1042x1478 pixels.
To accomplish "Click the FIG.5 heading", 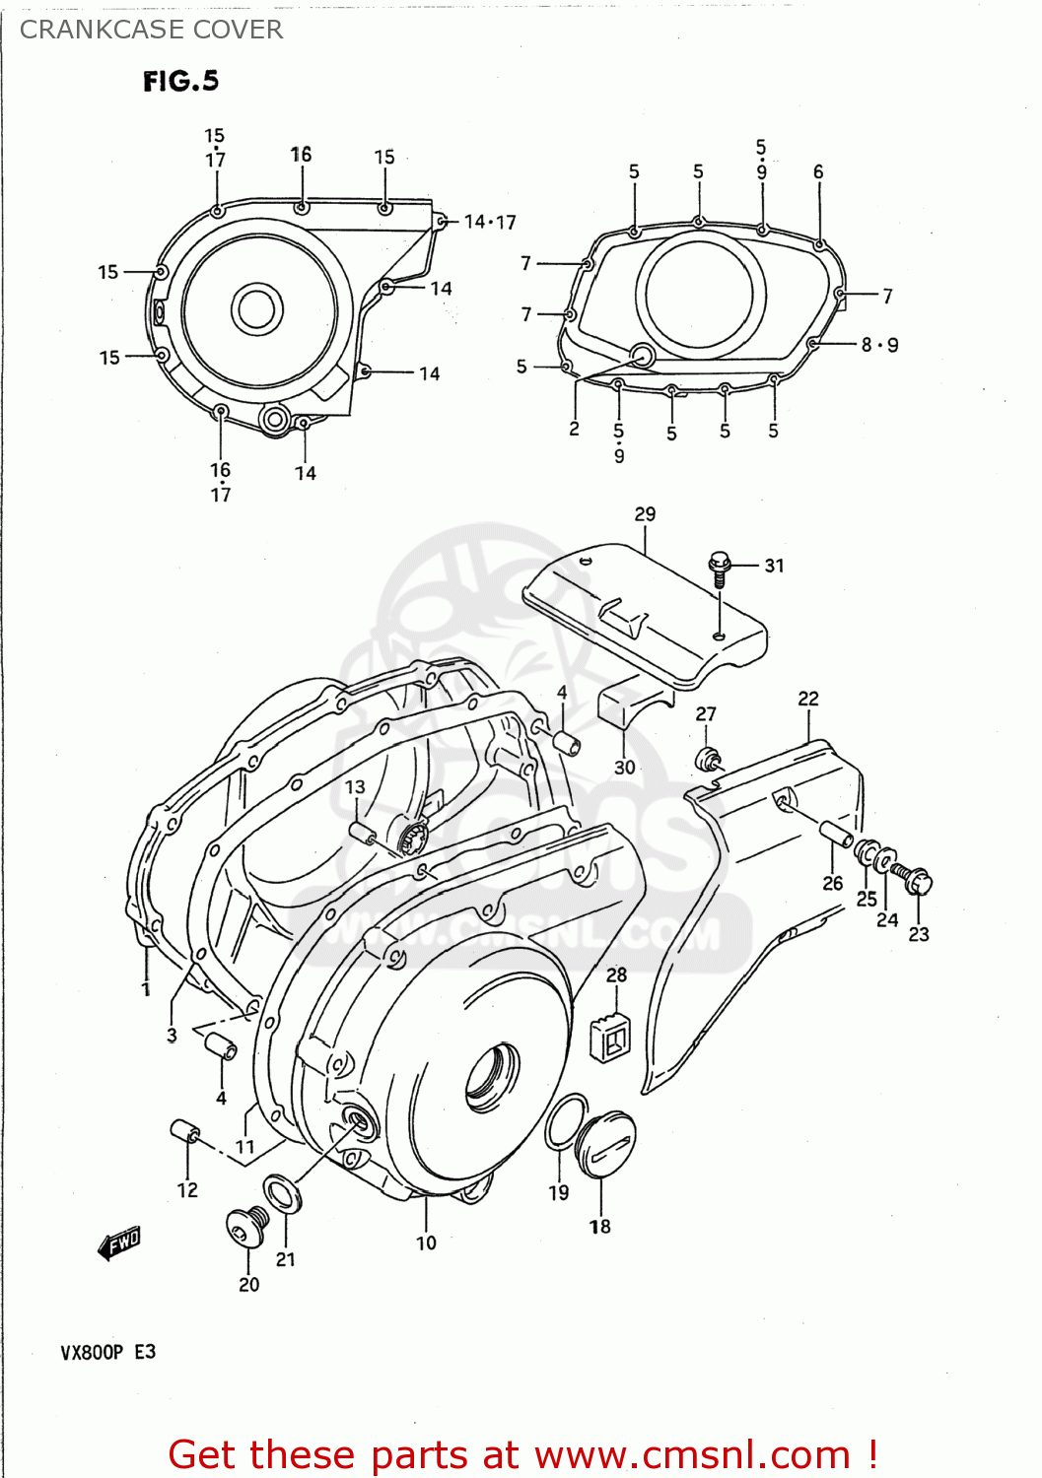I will (180, 81).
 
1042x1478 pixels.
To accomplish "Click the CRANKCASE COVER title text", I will (151, 30).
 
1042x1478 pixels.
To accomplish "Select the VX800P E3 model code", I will (107, 1352).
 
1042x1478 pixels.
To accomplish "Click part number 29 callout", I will (645, 514).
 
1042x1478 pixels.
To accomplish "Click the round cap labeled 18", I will (604, 1144).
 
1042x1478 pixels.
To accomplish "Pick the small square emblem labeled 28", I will (609, 1038).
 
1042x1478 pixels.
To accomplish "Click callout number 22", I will (808, 699).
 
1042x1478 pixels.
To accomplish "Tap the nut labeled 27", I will (708, 760).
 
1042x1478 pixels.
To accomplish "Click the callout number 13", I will (355, 787).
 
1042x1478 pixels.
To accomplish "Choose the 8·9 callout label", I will (879, 345).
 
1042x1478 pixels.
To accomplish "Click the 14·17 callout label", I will (490, 223).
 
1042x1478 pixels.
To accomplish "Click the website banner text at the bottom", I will (522, 1454).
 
